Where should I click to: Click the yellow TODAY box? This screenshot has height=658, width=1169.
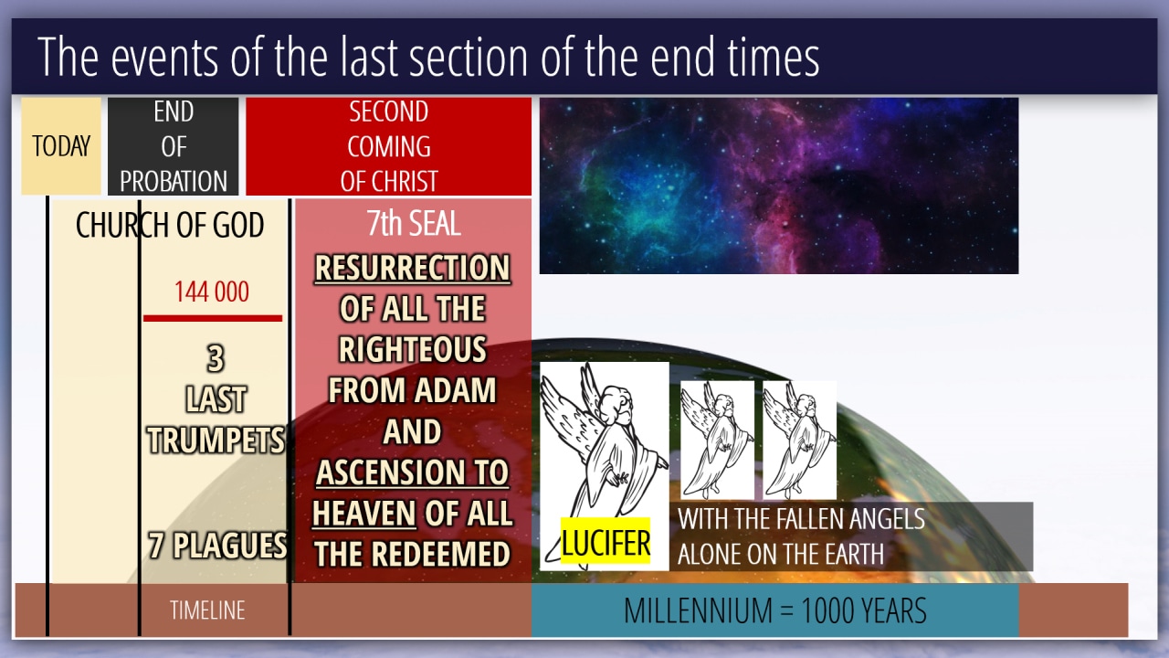click(x=61, y=145)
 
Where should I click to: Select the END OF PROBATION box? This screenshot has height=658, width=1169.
click(x=174, y=146)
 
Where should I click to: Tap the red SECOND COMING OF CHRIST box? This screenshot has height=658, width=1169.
click(x=389, y=146)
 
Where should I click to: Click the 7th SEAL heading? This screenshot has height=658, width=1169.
click(x=414, y=223)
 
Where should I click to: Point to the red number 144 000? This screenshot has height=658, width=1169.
click(x=211, y=292)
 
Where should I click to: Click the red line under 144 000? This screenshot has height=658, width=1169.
click(x=213, y=318)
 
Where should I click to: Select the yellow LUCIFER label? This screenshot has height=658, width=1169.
click(x=606, y=541)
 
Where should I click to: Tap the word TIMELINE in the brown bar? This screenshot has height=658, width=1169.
click(x=207, y=610)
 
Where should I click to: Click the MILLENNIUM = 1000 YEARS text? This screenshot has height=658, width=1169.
click(x=775, y=610)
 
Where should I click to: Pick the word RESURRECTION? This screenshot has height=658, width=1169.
click(x=412, y=268)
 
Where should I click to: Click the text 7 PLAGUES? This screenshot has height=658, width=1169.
click(x=217, y=546)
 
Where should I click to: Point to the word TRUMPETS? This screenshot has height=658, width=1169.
click(x=216, y=440)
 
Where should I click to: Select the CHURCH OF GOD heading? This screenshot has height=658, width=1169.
click(x=170, y=225)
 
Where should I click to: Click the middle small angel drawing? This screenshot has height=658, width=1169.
click(x=717, y=440)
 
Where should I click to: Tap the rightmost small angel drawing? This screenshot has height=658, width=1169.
click(x=799, y=440)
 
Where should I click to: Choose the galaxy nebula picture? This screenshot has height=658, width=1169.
click(x=779, y=186)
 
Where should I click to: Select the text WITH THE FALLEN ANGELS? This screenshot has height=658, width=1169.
click(x=801, y=518)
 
